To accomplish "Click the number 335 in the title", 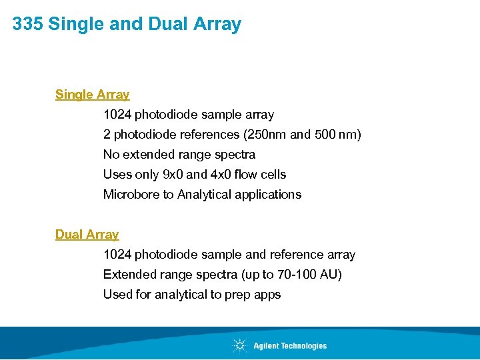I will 28,25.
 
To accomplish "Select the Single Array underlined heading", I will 92,95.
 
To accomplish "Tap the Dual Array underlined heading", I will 87,235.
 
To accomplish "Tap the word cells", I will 271,175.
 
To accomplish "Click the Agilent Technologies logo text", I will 290,345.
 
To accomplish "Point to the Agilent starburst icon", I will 239,345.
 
